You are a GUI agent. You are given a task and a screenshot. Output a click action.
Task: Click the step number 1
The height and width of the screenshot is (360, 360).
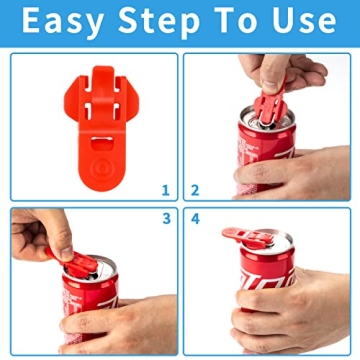pyautogui.click(x=165, y=188)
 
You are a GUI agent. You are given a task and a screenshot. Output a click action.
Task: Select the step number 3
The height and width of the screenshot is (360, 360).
pyautogui.click(x=165, y=218)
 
